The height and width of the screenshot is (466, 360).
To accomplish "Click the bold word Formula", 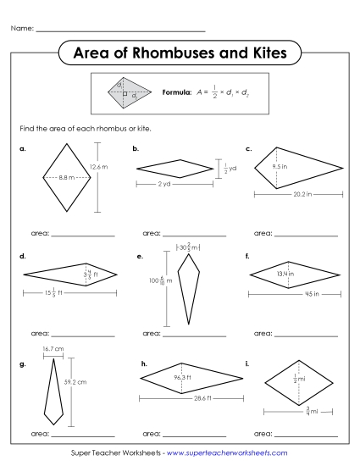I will click(x=176, y=92).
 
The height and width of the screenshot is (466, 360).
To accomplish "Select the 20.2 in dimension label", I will click(x=296, y=194).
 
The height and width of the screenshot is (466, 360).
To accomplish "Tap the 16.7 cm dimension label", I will click(x=53, y=348).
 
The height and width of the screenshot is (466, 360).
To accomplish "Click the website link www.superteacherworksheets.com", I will click(x=228, y=452).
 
